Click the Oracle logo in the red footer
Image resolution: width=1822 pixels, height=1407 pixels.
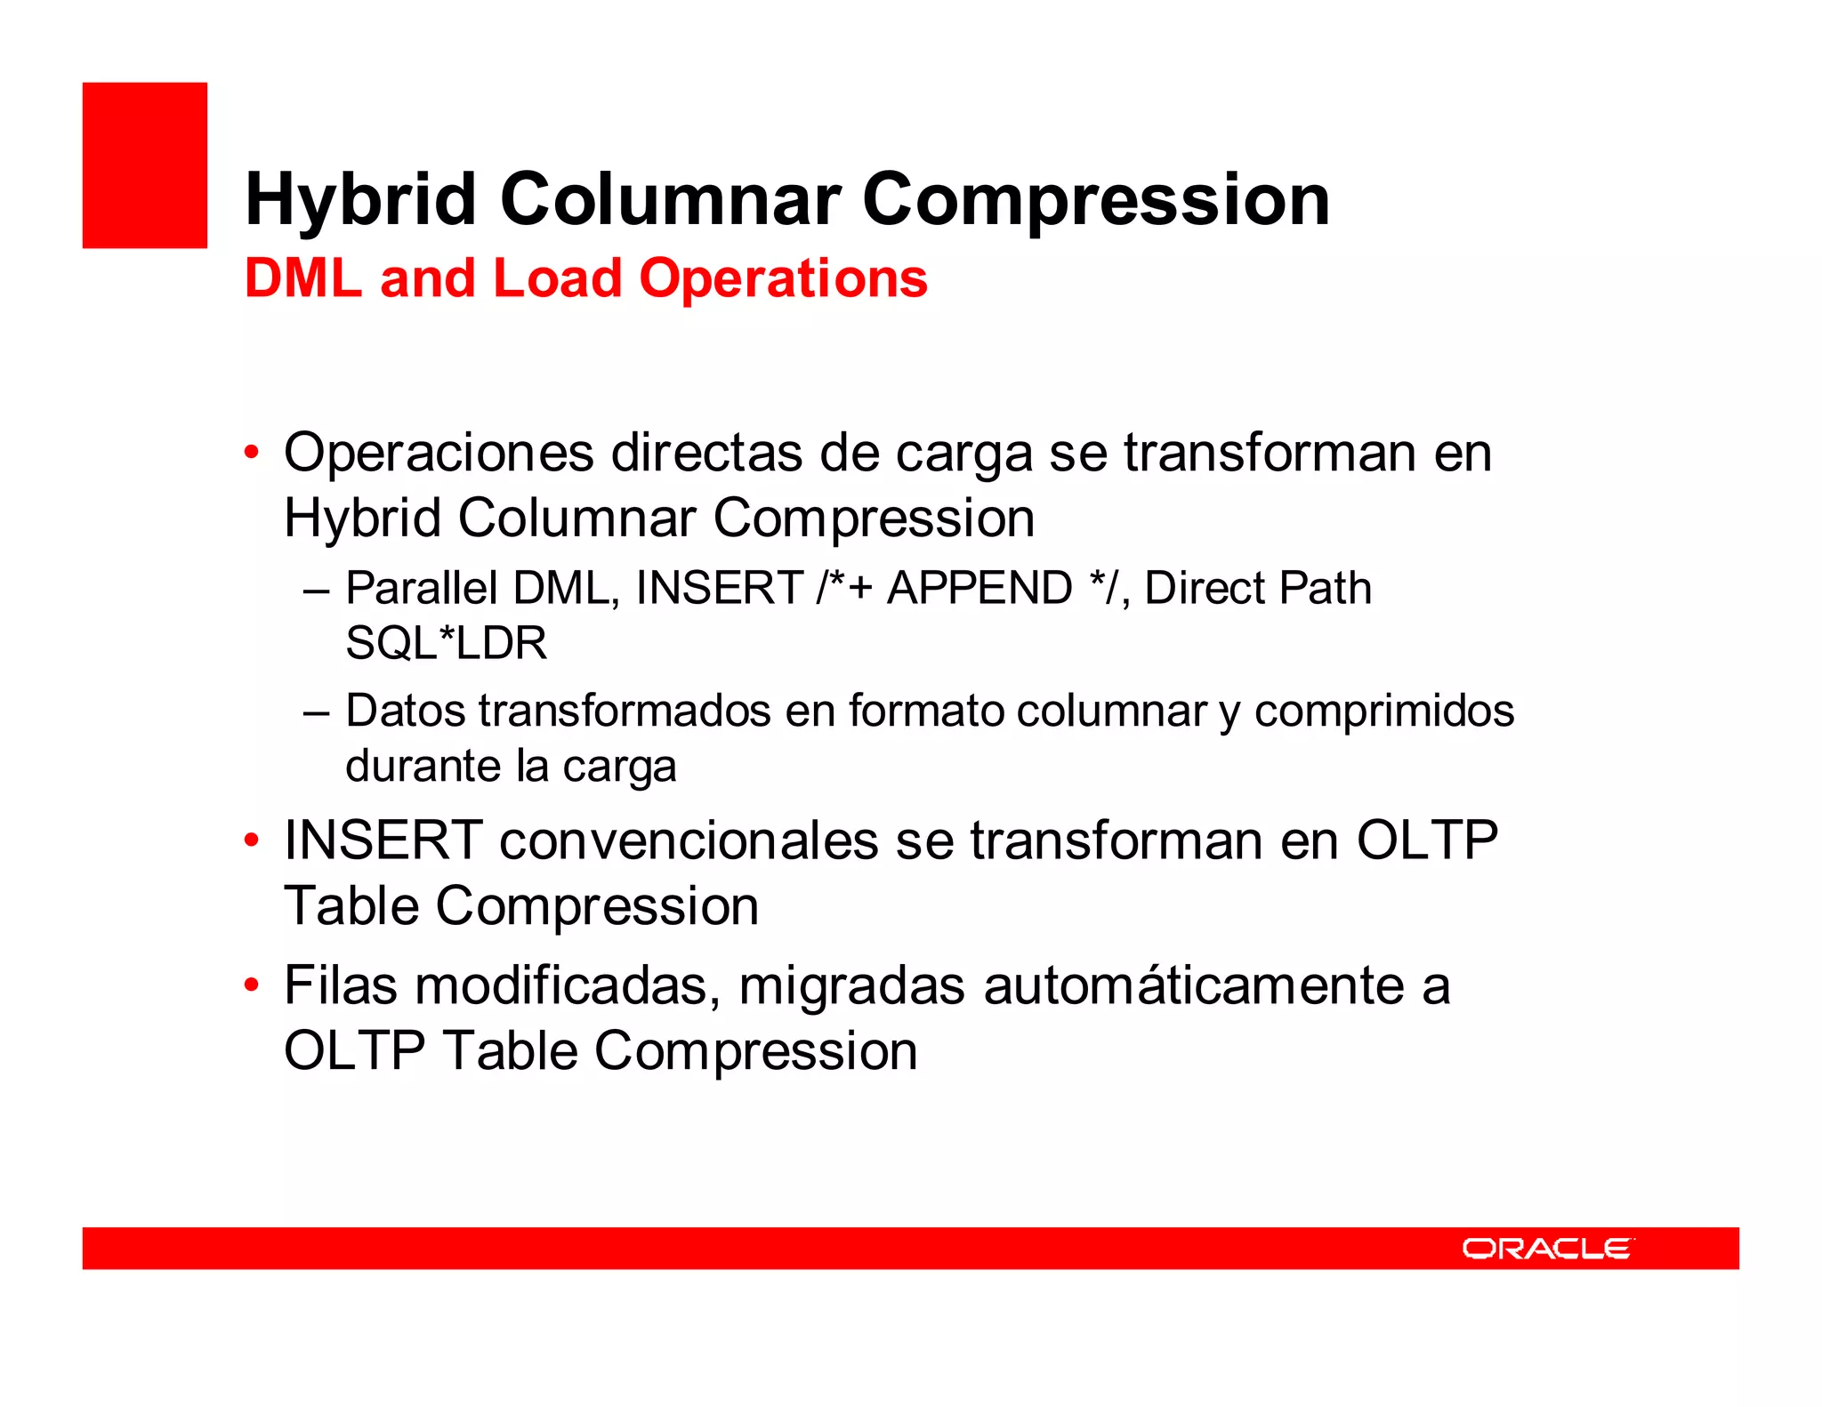point(1547,1249)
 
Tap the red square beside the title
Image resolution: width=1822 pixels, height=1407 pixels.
point(145,165)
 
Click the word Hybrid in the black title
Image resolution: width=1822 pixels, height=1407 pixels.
point(360,199)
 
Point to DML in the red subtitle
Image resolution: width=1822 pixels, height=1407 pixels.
point(303,278)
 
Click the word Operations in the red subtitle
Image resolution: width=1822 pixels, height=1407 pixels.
point(783,278)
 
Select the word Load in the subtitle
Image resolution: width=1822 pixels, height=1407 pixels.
point(557,278)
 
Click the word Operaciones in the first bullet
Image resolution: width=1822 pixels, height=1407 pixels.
point(439,453)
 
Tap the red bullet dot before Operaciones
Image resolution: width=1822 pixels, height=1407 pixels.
point(252,453)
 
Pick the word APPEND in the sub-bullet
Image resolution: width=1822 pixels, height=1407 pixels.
point(980,588)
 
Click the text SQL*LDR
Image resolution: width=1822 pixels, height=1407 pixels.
point(447,643)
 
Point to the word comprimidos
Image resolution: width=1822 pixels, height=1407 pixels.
point(1384,711)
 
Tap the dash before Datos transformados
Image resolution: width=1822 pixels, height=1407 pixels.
point(316,712)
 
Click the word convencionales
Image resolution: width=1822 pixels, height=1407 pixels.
point(689,840)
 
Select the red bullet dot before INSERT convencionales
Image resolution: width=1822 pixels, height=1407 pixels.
point(252,840)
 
